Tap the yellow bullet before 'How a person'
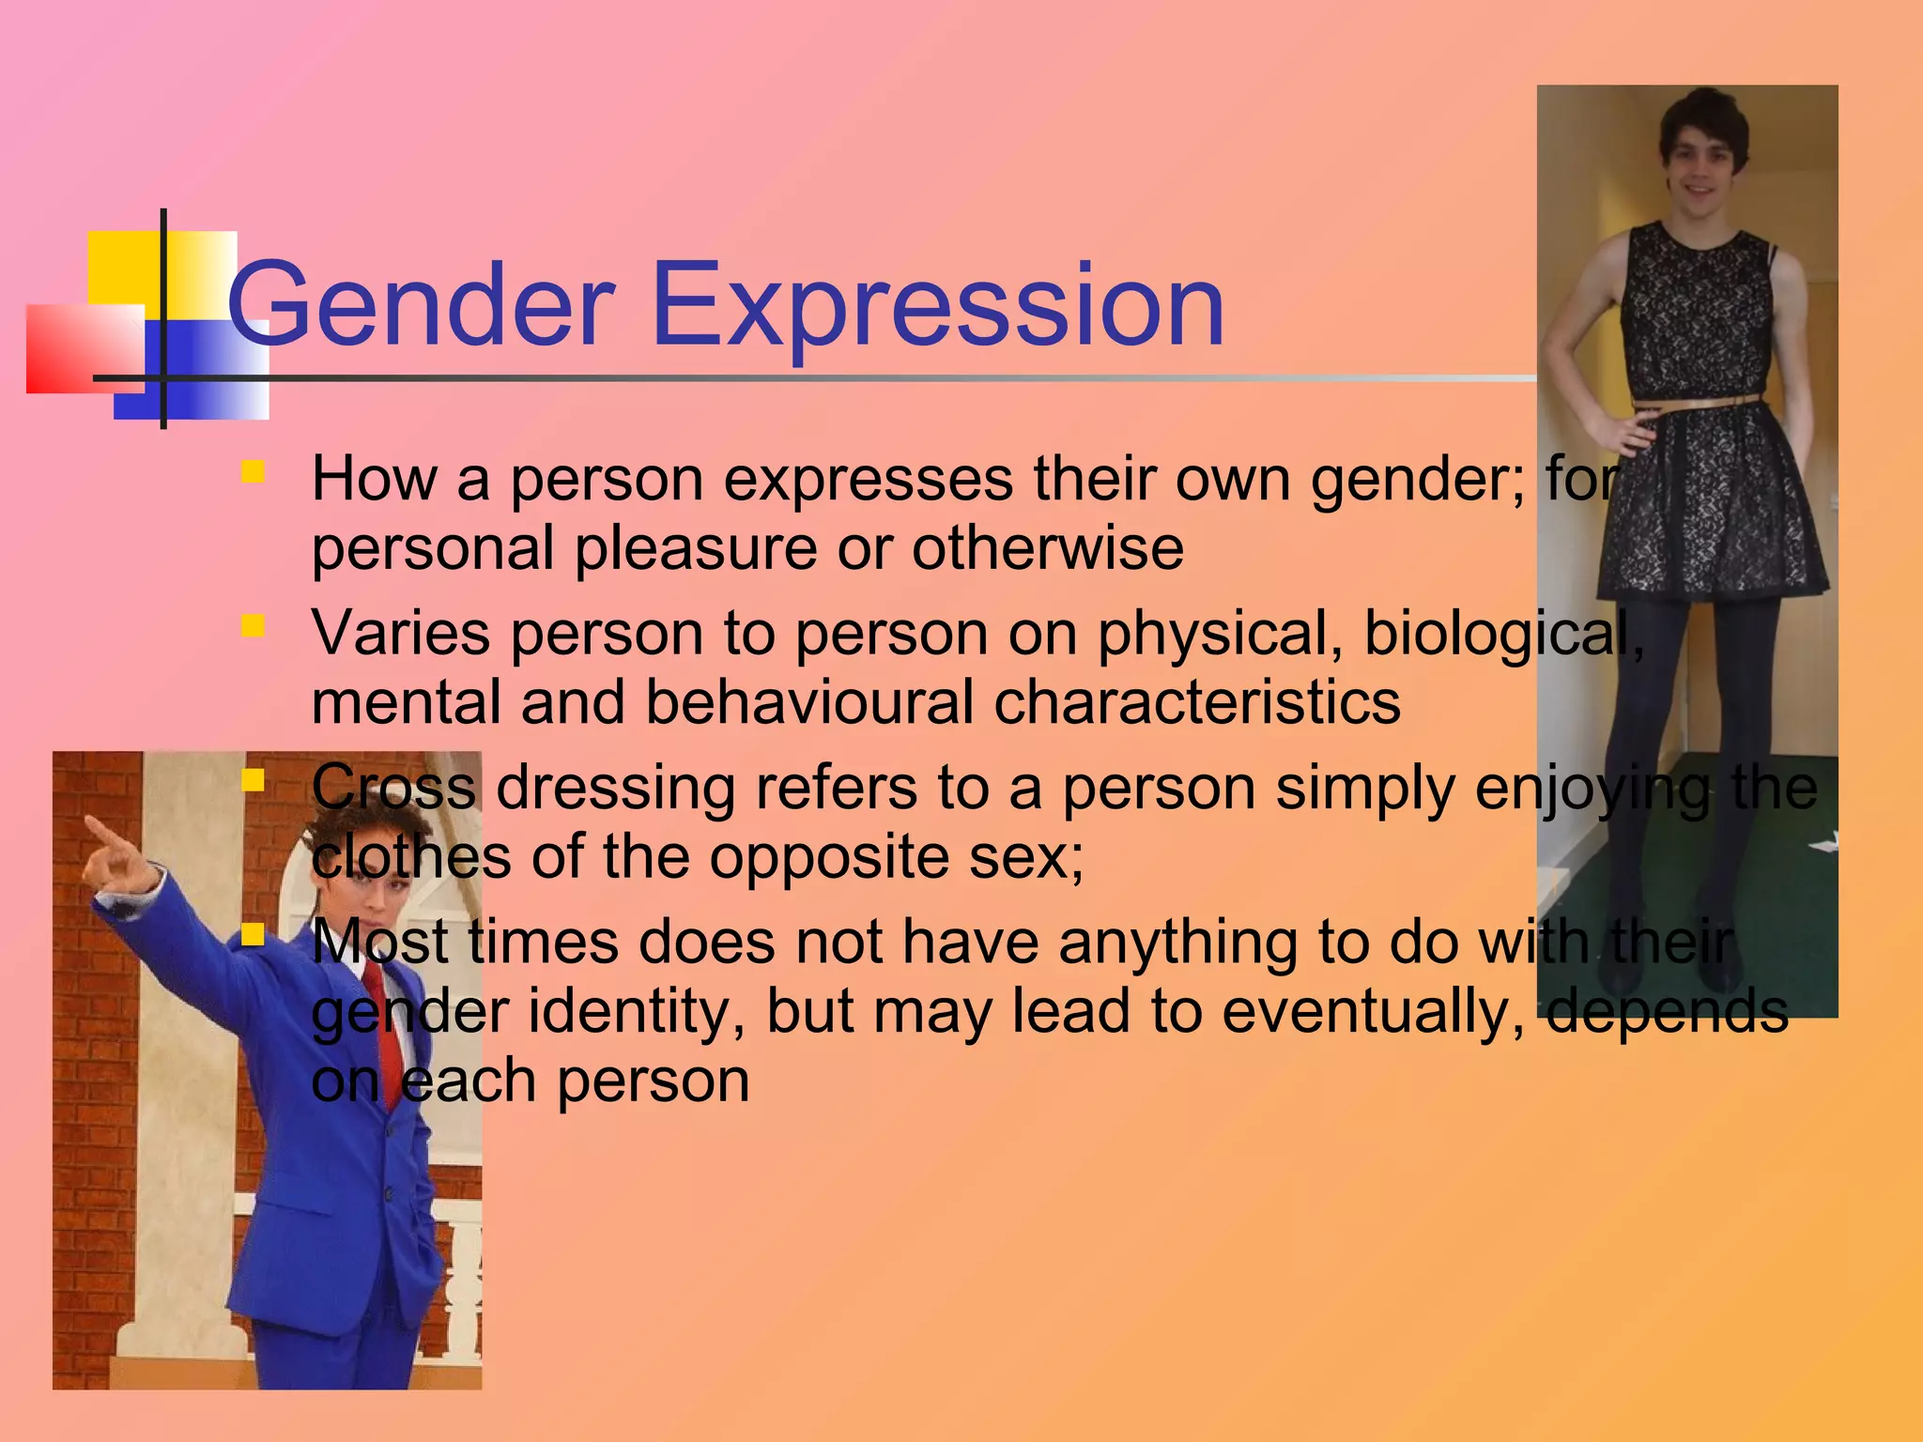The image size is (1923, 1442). (x=252, y=471)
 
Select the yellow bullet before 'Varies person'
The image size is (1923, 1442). (x=252, y=626)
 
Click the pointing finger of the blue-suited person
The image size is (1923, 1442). (x=100, y=831)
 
